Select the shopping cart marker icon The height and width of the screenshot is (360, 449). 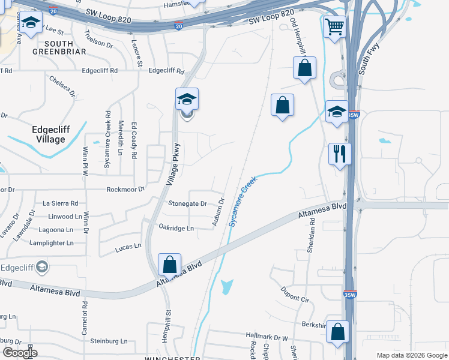[334, 26]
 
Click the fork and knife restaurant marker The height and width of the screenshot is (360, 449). [340, 154]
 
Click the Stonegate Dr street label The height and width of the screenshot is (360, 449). [187, 204]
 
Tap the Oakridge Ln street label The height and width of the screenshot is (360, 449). [176, 228]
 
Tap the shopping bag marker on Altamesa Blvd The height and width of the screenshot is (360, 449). [170, 265]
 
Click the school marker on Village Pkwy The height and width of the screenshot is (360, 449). [187, 99]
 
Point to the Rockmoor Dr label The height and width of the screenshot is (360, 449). [125, 190]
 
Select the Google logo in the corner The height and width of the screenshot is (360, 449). [20, 352]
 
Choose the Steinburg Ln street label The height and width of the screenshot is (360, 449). [109, 341]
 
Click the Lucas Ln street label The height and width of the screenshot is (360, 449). [128, 245]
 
